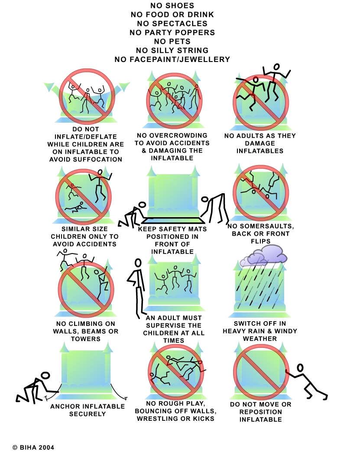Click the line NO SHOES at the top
click(172, 6)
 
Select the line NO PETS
click(172, 42)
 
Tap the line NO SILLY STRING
click(172, 50)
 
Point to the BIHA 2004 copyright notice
click(33, 447)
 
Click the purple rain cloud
click(263, 255)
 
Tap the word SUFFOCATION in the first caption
click(95, 159)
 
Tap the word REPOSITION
click(260, 412)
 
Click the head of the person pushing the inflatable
click(300, 368)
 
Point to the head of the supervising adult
click(138, 263)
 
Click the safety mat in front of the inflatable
click(173, 221)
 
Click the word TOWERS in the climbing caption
click(86, 339)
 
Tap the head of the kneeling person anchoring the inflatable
click(45, 375)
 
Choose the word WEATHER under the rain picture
click(259, 339)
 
